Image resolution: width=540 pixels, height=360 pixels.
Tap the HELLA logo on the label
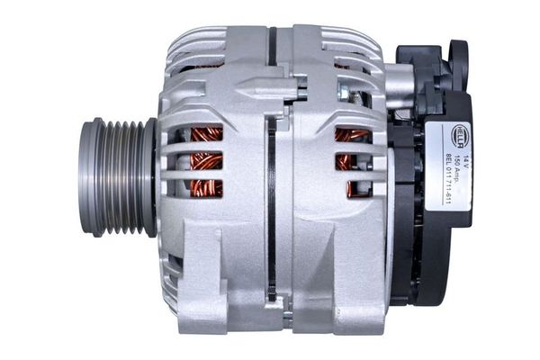(459, 135)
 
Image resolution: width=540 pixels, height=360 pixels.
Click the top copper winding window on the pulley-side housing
(206, 134)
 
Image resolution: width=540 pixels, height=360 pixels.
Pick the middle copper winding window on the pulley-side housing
(206, 162)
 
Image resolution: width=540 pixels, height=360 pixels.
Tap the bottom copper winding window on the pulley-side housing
(206, 189)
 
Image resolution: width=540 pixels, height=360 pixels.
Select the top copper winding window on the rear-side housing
(352, 136)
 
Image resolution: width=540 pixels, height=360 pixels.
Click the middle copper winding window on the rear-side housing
(352, 162)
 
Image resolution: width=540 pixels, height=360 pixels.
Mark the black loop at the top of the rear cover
(459, 58)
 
